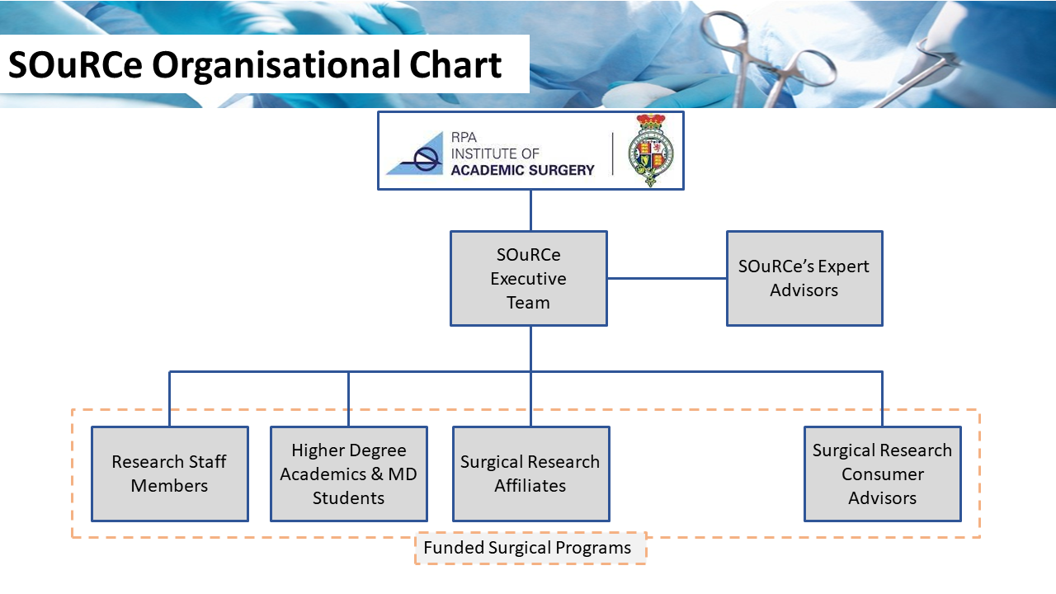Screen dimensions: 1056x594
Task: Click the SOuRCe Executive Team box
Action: click(x=529, y=278)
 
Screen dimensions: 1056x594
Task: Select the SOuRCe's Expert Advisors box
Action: click(x=804, y=278)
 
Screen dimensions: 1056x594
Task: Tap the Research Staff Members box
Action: click(x=170, y=474)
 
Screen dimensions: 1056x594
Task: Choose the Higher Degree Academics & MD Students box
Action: click(x=349, y=474)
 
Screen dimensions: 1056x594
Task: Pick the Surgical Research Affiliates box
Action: click(x=530, y=474)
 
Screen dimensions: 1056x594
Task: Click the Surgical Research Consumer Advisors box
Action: click(x=883, y=474)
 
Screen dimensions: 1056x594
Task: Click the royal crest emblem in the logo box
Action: click(x=651, y=150)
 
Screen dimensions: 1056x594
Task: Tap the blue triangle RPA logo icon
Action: click(x=415, y=153)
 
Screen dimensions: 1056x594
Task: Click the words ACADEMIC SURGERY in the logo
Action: click(x=522, y=170)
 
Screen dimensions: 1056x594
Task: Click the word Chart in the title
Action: click(x=455, y=64)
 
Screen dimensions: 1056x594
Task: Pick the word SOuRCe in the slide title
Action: click(x=75, y=64)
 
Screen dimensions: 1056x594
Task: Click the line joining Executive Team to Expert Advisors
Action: click(x=667, y=278)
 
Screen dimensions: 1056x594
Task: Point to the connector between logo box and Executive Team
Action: click(x=530, y=210)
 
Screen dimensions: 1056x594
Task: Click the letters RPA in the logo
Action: click(x=464, y=137)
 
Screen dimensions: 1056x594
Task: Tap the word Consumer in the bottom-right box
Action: click(x=883, y=474)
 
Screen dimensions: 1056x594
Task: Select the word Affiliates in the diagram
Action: click(x=530, y=486)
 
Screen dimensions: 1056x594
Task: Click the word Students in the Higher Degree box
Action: click(x=348, y=497)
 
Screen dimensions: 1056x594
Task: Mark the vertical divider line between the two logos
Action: click(x=612, y=153)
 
